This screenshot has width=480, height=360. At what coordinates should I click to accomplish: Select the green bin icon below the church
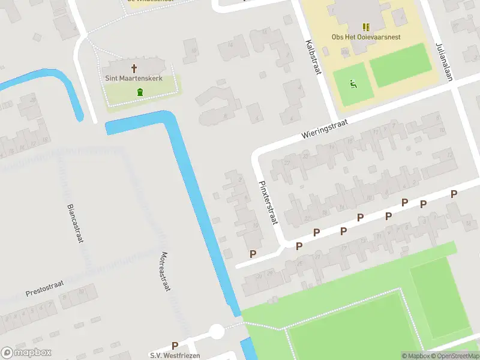coord(140,92)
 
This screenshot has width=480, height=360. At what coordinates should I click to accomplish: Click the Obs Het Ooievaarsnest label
coord(366,37)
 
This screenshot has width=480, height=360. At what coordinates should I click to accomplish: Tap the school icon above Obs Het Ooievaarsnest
coord(366,27)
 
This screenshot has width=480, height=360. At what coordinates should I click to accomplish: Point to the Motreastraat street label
coord(166,271)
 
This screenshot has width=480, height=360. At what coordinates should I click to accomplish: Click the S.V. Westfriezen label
coord(175,355)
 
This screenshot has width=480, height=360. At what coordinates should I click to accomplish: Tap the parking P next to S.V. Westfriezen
coord(175,346)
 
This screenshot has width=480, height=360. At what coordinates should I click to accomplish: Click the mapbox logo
coord(25,353)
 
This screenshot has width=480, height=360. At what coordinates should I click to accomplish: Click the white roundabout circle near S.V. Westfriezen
coord(217,331)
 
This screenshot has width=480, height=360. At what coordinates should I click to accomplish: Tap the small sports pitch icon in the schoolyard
coord(353,84)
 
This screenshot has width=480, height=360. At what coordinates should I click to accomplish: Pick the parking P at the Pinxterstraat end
coord(253,254)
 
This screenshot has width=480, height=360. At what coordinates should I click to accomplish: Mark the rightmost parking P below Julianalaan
coord(454,194)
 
